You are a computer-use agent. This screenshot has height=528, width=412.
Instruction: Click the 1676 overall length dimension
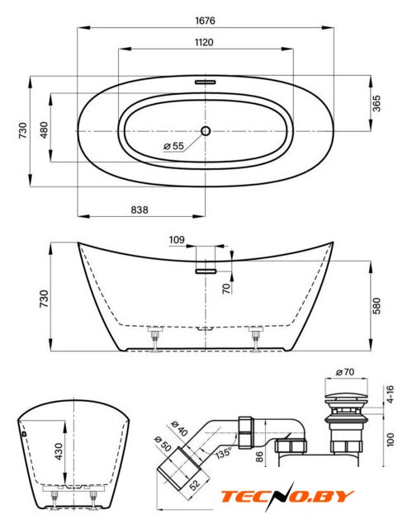[205, 21]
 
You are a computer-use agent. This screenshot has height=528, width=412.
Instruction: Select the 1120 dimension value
[204, 42]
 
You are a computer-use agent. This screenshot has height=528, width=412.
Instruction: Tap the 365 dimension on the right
[376, 103]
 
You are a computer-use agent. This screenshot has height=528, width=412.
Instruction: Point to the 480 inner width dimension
[44, 130]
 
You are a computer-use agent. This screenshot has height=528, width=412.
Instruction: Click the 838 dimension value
[140, 210]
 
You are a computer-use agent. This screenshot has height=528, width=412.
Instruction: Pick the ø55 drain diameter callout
[174, 146]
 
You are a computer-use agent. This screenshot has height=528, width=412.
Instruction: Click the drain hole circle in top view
[206, 130]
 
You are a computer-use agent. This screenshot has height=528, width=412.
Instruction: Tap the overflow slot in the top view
[205, 82]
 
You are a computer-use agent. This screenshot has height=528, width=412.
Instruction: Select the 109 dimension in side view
[177, 240]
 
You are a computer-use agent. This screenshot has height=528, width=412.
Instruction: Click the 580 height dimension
[376, 306]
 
